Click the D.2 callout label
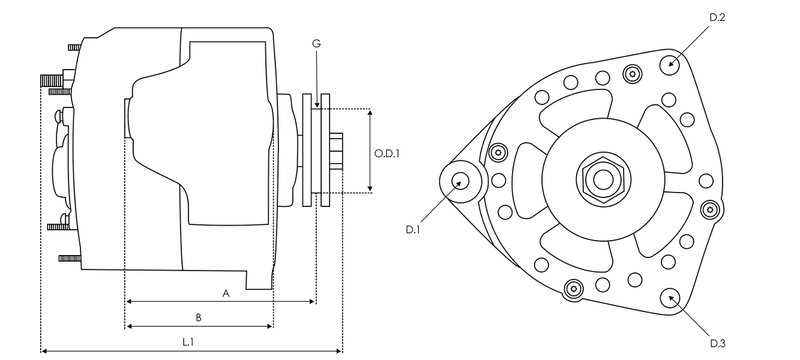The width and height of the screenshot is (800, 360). (x=717, y=18)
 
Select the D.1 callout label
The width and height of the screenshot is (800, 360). (x=413, y=229)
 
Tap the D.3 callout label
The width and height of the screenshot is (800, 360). (x=718, y=343)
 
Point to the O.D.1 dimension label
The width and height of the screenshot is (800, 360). (x=387, y=154)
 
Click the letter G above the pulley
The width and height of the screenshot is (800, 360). (x=316, y=44)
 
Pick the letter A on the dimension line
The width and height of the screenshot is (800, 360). (x=226, y=293)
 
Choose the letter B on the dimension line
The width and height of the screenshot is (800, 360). (x=198, y=317)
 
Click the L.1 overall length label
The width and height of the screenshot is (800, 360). (x=188, y=342)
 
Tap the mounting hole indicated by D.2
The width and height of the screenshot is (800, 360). (x=670, y=64)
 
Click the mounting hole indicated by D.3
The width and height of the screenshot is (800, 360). (x=670, y=298)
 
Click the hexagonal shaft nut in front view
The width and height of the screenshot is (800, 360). (x=603, y=179)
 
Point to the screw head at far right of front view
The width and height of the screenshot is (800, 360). (x=711, y=209)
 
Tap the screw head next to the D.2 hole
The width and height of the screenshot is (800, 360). (x=632, y=74)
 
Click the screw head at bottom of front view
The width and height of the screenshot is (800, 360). (x=574, y=289)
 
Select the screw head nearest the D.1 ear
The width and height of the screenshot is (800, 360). (x=498, y=152)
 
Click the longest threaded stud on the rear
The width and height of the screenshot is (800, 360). (x=52, y=79)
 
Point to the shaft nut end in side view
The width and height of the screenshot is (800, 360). (x=336, y=152)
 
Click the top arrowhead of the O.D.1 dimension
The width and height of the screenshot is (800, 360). (x=370, y=112)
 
